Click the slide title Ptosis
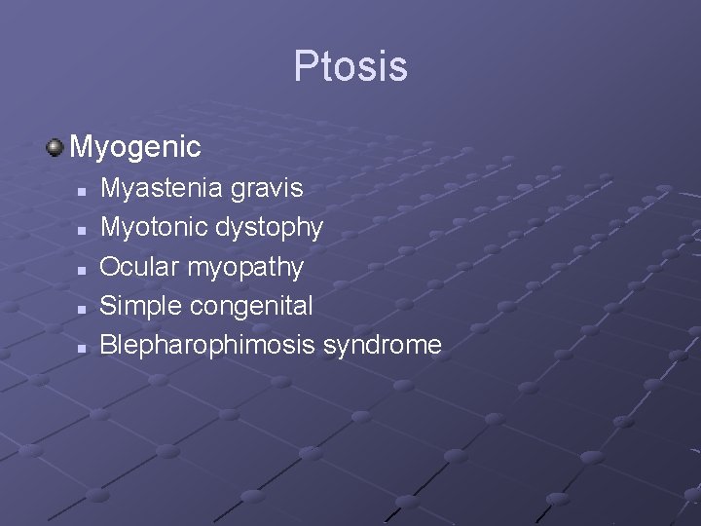click(x=350, y=66)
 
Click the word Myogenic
click(x=135, y=147)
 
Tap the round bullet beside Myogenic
click(x=55, y=147)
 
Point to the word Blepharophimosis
click(x=207, y=345)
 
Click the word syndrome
click(x=383, y=345)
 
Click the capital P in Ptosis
click(x=305, y=66)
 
